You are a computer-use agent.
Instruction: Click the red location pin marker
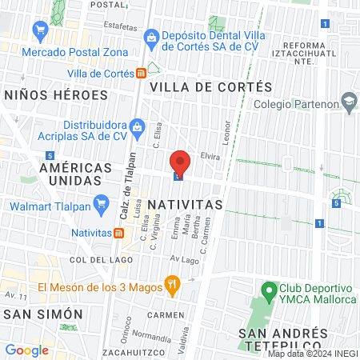tap(180, 162)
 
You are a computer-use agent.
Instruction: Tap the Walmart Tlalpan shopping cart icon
tap(101, 206)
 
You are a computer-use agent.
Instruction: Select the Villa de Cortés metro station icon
tap(141, 73)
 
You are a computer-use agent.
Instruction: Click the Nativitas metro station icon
tap(118, 233)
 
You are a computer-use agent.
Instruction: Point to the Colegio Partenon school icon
tap(348, 102)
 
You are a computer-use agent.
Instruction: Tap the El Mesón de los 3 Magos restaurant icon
tap(170, 284)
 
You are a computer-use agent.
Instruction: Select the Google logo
tap(26, 350)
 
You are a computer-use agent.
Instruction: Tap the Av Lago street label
tap(184, 260)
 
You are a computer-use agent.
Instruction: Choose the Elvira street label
tap(210, 156)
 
